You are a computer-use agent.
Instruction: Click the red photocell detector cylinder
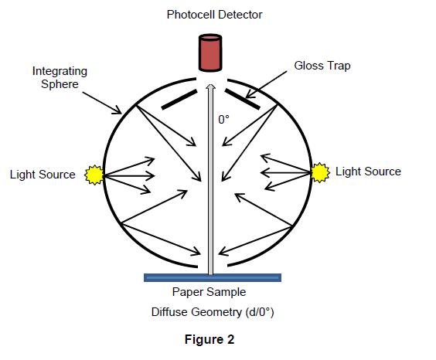click(210, 53)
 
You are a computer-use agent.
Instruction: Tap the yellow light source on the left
click(94, 175)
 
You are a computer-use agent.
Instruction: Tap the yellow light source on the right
click(320, 172)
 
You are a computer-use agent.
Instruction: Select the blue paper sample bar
click(213, 277)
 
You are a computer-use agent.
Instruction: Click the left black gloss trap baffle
click(179, 99)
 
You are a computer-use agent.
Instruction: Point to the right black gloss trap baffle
click(243, 99)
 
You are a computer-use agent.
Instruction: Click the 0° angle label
click(224, 120)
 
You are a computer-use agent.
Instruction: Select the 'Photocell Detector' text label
click(214, 15)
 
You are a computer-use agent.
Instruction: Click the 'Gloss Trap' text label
click(322, 66)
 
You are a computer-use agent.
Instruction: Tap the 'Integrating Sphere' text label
click(60, 77)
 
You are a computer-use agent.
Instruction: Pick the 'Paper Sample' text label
click(209, 292)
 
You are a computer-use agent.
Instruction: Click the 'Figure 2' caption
click(209, 339)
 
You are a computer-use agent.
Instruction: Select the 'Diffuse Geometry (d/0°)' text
click(213, 312)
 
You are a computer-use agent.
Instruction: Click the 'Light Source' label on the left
click(43, 175)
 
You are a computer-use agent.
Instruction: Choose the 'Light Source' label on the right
click(368, 172)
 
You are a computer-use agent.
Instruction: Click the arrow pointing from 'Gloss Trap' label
click(266, 84)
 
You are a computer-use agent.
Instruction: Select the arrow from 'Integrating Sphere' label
click(102, 103)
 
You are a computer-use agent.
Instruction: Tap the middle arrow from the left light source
click(129, 175)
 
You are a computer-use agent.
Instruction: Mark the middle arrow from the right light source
click(286, 172)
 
